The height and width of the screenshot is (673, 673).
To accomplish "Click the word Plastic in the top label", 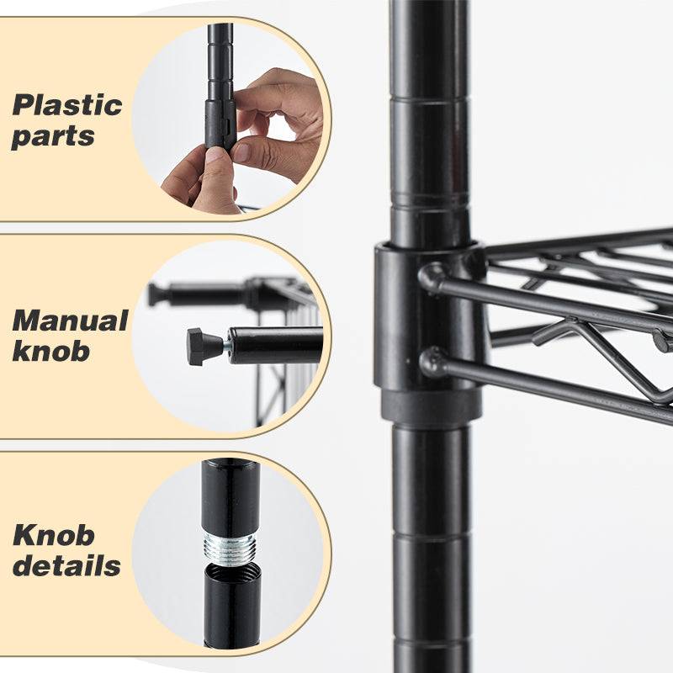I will pyautogui.click(x=66, y=106).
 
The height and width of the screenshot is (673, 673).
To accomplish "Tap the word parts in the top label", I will pyautogui.click(x=52, y=137).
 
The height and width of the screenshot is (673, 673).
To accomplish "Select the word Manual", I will pyautogui.click(x=69, y=321).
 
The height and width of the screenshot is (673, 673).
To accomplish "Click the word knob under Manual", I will pyautogui.click(x=50, y=351).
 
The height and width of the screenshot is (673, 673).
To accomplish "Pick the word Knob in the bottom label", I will pyautogui.click(x=53, y=535).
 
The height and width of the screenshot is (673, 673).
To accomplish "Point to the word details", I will pyautogui.click(x=66, y=565).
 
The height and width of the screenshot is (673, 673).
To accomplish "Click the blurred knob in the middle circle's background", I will pyautogui.click(x=156, y=294).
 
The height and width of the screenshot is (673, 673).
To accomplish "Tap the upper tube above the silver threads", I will pyautogui.click(x=230, y=496).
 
